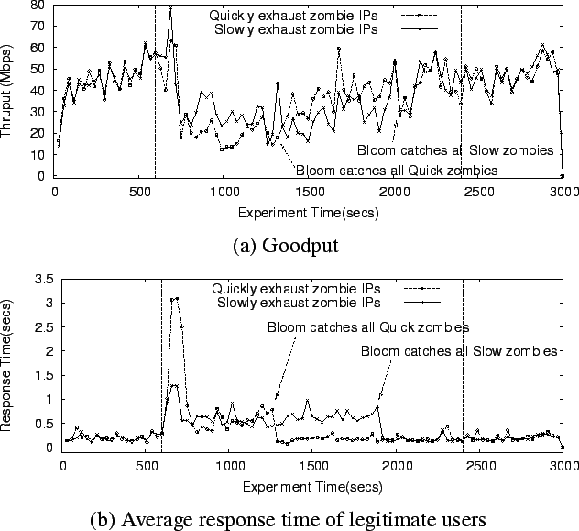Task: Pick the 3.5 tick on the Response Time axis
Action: coord(43,278)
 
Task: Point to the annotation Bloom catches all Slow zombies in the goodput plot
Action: coord(455,150)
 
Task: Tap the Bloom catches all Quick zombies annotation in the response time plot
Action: coord(368,326)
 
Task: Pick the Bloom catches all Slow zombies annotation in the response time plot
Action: coord(459,350)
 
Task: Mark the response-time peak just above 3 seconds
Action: coord(176,298)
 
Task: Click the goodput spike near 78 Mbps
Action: coord(170,9)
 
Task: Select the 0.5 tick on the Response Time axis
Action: coord(43,424)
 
